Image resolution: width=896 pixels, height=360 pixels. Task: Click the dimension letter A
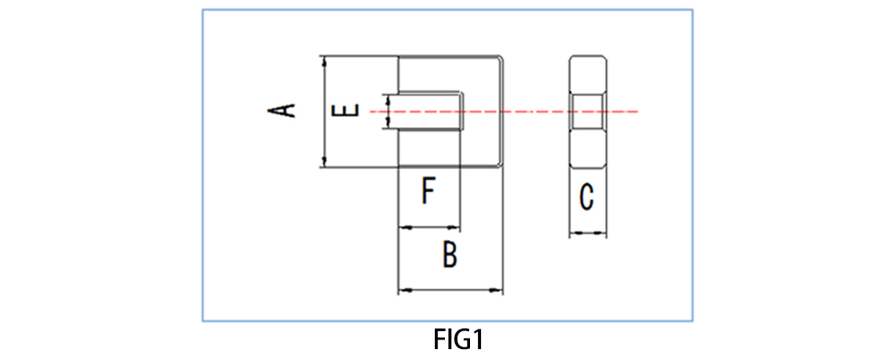(x=284, y=111)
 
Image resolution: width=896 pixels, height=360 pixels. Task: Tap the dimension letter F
(x=430, y=192)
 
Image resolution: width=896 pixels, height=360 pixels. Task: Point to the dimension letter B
(x=450, y=255)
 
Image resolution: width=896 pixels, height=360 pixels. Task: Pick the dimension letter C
(x=586, y=197)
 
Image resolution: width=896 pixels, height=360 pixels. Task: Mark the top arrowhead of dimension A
(x=324, y=59)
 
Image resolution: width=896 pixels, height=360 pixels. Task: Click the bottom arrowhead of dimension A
(x=324, y=162)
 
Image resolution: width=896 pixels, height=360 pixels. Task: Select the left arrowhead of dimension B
(x=403, y=290)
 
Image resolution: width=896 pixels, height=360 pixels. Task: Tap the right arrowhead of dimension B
(x=498, y=290)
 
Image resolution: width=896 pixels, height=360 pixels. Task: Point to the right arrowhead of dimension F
(x=456, y=227)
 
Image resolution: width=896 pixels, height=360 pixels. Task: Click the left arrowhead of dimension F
(x=403, y=227)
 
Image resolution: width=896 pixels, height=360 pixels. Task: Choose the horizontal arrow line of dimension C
(x=587, y=234)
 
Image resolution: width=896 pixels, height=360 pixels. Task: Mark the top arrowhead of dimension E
(x=388, y=98)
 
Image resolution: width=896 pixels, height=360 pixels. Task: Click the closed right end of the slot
(x=460, y=112)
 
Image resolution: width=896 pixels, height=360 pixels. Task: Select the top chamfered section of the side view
(x=587, y=74)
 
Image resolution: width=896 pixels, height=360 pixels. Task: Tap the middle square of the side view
(x=587, y=112)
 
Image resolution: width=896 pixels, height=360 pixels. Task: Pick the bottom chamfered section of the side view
(x=587, y=149)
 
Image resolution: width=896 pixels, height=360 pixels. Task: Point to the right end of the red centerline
(x=637, y=112)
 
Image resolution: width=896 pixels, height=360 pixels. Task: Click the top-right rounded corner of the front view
(x=500, y=58)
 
